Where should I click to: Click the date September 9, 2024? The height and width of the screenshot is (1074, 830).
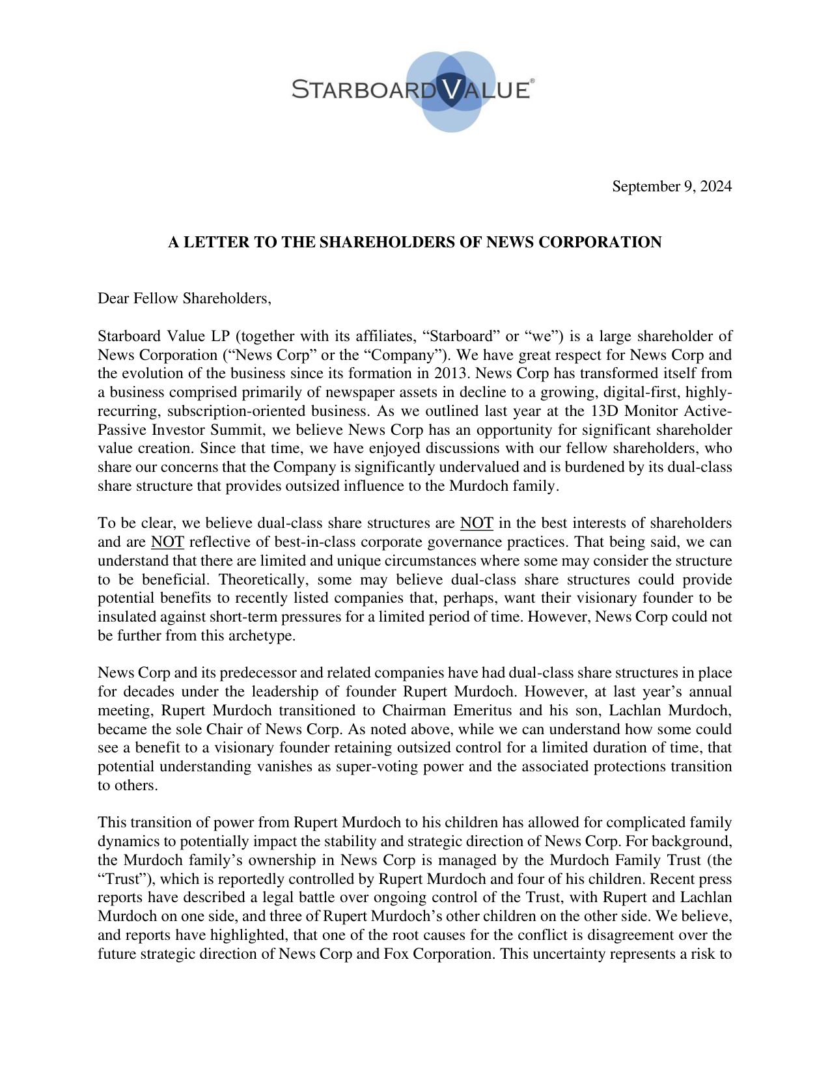click(x=671, y=187)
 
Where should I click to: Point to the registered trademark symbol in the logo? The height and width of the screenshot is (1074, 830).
click(x=532, y=81)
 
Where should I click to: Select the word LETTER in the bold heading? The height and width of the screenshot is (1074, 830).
click(x=217, y=243)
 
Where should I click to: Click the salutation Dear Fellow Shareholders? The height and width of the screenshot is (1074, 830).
click(x=184, y=299)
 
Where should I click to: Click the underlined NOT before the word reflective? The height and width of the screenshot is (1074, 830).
click(x=167, y=542)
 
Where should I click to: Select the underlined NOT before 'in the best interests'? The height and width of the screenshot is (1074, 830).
click(x=477, y=523)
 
